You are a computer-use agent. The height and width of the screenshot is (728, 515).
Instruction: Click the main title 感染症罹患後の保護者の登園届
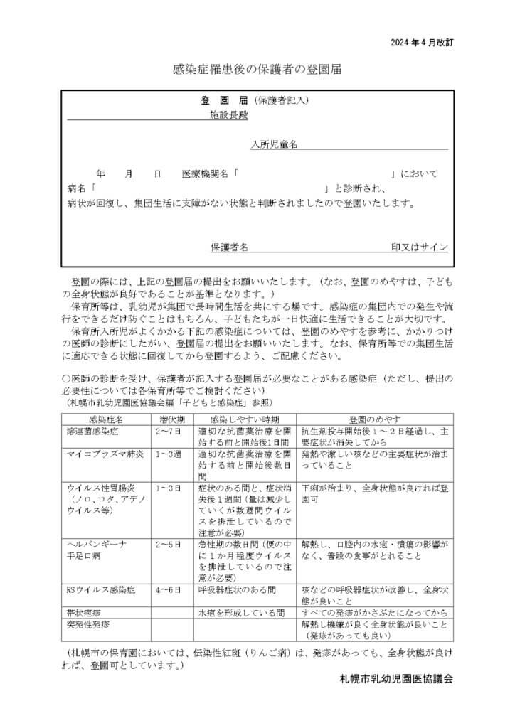[x=257, y=70]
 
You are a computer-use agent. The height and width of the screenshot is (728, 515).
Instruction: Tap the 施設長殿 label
[x=228, y=114]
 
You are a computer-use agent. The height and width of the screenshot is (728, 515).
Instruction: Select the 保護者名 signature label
[x=229, y=247]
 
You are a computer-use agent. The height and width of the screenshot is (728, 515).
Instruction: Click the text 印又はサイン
[x=420, y=247]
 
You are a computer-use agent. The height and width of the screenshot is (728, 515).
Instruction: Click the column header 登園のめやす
[x=375, y=421]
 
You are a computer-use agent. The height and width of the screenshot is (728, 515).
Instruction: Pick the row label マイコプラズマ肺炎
[x=105, y=453]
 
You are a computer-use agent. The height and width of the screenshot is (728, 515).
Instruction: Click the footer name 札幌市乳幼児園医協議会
[x=396, y=679]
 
